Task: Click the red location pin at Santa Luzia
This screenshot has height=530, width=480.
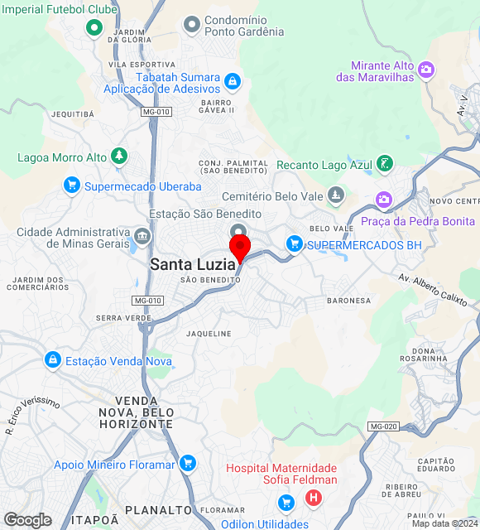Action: (x=240, y=247)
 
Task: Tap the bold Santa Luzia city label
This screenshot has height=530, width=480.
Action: (x=193, y=264)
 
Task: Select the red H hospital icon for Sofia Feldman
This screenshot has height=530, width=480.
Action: (x=313, y=498)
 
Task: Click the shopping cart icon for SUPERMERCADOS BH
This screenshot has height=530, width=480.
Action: (x=294, y=243)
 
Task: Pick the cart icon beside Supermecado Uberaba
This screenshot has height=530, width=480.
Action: (x=72, y=185)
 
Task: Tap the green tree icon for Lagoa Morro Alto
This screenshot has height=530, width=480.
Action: (x=120, y=156)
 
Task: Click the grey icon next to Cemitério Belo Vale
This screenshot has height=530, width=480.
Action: (x=335, y=195)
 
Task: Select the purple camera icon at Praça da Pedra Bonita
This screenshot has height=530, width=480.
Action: (x=383, y=200)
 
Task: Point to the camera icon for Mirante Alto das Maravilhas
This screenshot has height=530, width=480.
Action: (x=426, y=70)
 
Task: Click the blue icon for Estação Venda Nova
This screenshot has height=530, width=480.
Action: (x=53, y=359)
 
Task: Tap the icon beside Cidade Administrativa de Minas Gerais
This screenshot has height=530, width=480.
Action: (x=142, y=238)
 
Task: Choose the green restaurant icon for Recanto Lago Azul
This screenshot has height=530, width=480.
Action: (x=384, y=163)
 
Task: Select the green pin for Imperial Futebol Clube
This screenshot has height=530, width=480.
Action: (x=94, y=29)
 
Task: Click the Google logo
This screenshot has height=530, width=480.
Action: (x=27, y=520)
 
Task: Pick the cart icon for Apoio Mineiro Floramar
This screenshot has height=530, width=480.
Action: (x=188, y=463)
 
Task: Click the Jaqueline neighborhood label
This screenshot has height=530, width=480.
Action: (x=209, y=334)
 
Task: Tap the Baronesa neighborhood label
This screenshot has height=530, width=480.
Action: (x=349, y=300)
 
